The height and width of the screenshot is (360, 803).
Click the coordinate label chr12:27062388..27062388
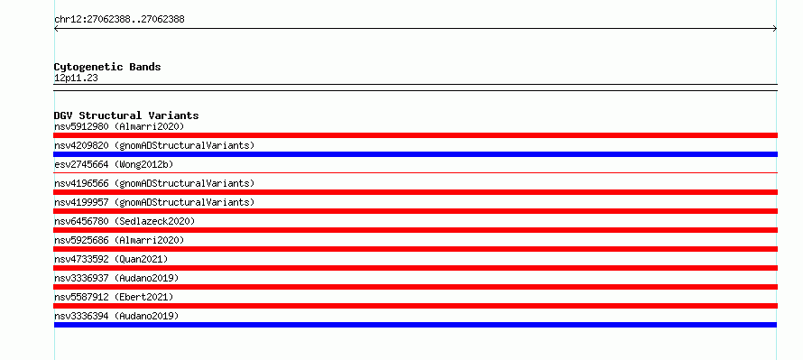[x=119, y=20]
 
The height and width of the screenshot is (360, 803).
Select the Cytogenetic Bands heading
[x=107, y=67]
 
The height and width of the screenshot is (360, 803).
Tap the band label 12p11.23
[x=76, y=78]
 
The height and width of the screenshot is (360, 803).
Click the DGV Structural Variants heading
[x=126, y=115]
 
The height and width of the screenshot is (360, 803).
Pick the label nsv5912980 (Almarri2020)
[x=119, y=126]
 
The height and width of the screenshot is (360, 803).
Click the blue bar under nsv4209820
[x=415, y=154]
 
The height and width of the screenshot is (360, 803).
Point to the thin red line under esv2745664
[x=415, y=173]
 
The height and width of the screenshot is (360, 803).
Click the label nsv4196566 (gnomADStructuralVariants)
[x=154, y=183]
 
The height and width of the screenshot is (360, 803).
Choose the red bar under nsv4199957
[x=415, y=211]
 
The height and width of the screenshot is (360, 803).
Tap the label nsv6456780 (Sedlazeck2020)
[x=125, y=221]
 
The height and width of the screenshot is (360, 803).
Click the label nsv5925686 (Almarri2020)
[x=119, y=240]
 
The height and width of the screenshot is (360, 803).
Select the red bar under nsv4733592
[x=415, y=268]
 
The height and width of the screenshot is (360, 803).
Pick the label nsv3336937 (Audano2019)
[x=116, y=278]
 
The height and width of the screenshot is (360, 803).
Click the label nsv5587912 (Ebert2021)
[x=114, y=297]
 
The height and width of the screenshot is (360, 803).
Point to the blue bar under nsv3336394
[x=415, y=325]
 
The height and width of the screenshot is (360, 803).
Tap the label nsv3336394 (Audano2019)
[x=116, y=316]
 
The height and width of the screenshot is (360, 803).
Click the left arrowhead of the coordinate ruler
[x=56, y=29]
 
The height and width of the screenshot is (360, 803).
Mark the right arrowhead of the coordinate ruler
[x=775, y=29]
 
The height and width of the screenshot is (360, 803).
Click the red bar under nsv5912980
[x=415, y=135]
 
